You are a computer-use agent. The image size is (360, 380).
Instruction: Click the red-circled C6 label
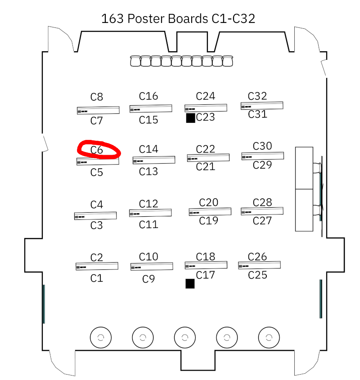click(x=97, y=150)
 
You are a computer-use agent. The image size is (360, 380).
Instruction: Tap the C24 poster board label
click(x=206, y=96)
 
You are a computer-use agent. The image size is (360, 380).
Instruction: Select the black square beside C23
click(x=190, y=118)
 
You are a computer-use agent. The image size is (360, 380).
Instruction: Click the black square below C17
click(x=190, y=283)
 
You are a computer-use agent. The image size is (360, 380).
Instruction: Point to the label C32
click(x=257, y=96)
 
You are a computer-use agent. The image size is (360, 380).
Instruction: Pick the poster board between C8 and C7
click(x=98, y=110)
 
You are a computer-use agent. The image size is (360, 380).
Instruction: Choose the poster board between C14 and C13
click(x=153, y=160)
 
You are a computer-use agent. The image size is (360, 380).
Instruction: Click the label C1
click(x=97, y=278)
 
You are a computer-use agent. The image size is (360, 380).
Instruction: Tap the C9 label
click(x=148, y=279)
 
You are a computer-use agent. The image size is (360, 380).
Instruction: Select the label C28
click(x=262, y=202)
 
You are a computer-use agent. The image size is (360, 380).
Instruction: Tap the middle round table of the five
click(x=184, y=337)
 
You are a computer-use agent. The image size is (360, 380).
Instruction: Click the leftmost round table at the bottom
click(x=101, y=337)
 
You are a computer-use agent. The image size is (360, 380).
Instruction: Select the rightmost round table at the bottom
click(x=269, y=337)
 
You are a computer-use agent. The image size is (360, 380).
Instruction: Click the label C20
click(x=209, y=202)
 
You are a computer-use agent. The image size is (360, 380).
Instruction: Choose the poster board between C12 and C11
click(x=150, y=213)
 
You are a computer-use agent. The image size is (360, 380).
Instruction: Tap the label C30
click(x=262, y=146)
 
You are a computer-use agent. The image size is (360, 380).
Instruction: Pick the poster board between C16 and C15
click(x=151, y=108)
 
